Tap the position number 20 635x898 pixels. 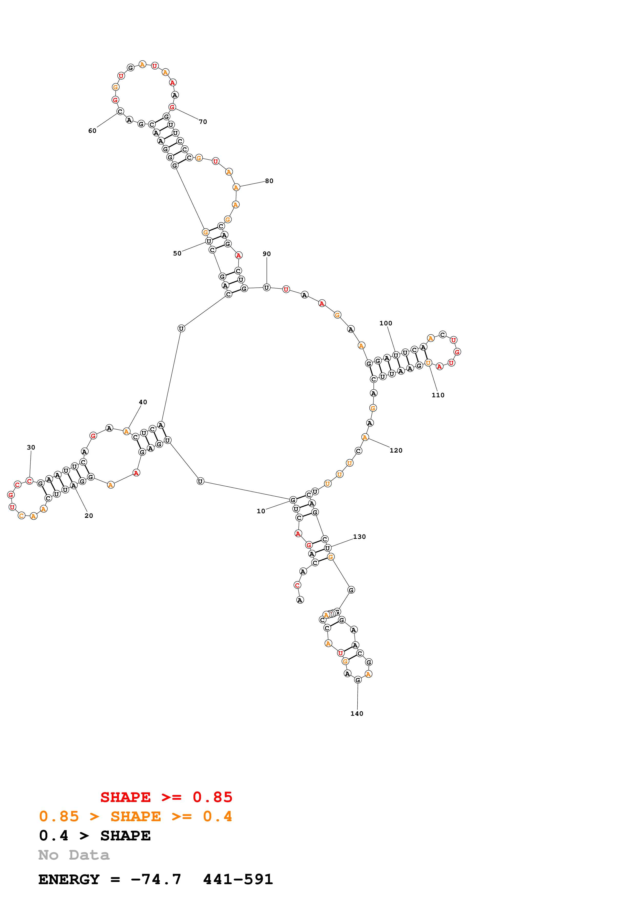coord(89,516)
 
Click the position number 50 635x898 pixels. coord(177,253)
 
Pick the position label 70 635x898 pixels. coord(203,122)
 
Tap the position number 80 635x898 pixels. coord(269,181)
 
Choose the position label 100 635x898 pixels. coord(386,323)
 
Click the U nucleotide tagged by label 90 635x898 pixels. coord(266,287)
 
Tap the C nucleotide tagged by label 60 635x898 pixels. coord(120,111)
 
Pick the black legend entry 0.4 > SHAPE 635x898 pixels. coord(95,836)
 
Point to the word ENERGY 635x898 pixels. coord(69,879)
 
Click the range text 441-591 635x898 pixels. coord(238,879)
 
